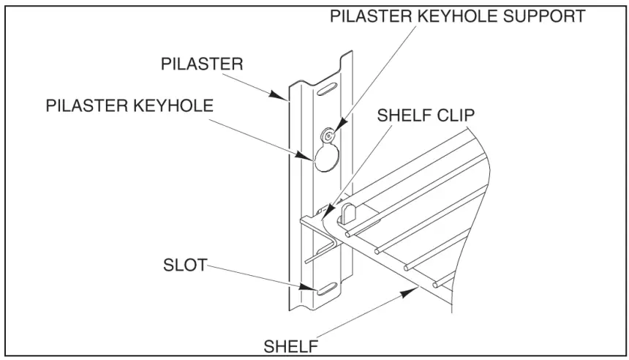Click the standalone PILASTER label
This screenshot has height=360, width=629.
click(202, 64)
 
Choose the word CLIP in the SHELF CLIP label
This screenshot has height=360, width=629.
click(456, 116)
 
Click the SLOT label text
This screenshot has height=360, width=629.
click(184, 266)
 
